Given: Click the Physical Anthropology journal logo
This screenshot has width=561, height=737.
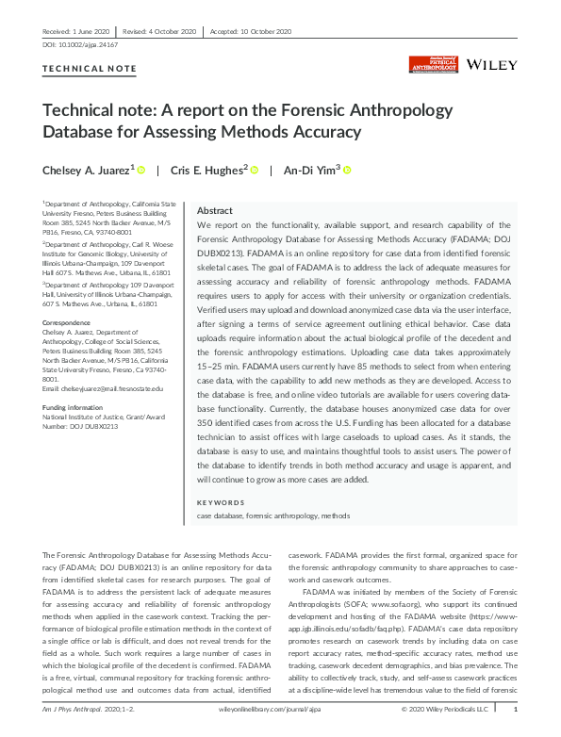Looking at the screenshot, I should point(433,64).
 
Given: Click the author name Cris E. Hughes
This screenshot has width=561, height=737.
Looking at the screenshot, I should point(207,171).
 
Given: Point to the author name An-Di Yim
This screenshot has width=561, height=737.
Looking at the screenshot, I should point(309,171).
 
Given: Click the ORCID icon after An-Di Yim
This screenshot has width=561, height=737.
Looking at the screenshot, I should point(347,171).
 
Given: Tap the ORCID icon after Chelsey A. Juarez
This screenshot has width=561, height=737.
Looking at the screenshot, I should point(141,171).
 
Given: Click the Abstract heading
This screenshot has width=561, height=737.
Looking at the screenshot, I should point(215,211).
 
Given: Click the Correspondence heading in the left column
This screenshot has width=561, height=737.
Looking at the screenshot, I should point(65,323).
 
